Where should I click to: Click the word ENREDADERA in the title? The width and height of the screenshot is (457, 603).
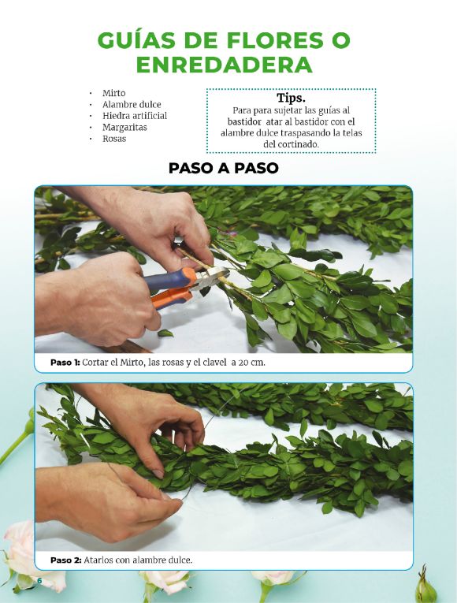[224, 65]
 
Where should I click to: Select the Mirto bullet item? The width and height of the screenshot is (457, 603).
[113, 93]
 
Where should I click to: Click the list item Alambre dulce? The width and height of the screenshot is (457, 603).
[132, 105]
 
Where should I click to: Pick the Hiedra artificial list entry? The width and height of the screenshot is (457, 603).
[135, 116]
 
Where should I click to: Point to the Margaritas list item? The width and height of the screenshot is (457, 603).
[124, 127]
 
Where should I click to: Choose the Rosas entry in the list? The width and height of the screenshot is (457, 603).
[114, 139]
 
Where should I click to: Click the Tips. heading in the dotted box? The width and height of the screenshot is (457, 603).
[291, 98]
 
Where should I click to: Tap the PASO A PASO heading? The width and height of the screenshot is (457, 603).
[223, 169]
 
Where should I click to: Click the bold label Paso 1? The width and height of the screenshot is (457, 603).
[65, 363]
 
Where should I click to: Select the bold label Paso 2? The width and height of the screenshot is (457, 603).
[66, 560]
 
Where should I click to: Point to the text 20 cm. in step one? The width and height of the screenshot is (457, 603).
[251, 363]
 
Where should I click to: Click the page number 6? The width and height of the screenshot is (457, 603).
[39, 580]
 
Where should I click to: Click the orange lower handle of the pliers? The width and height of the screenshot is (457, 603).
[173, 298]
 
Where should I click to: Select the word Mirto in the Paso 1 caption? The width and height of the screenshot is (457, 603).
[132, 363]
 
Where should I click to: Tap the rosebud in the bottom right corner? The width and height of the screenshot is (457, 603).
[425, 587]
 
